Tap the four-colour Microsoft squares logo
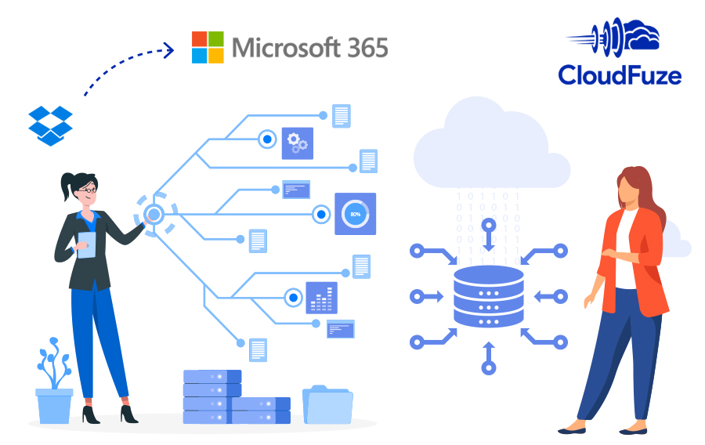tap(208, 47)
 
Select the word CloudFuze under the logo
tap(620, 75)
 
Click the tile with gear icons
tap(298, 143)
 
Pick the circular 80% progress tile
tap(355, 213)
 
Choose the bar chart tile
tap(321, 298)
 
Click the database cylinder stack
tap(488, 295)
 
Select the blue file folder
tap(327, 404)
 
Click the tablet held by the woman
tap(85, 244)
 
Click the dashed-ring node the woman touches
tap(154, 213)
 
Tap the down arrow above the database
tap(489, 235)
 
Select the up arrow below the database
tap(489, 357)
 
